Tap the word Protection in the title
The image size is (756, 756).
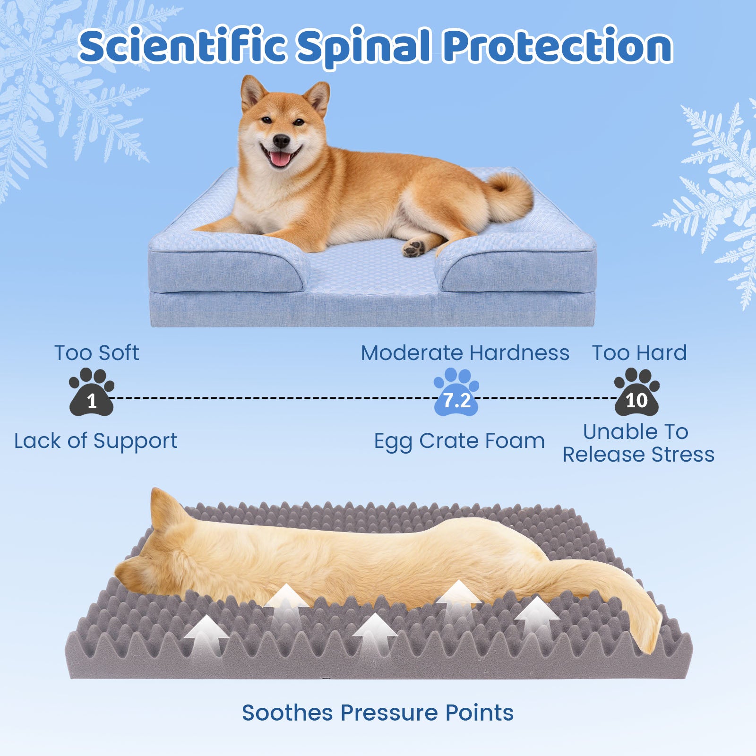pyautogui.click(x=558, y=46)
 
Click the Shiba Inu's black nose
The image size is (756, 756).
pyautogui.click(x=282, y=140)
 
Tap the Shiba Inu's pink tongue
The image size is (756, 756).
pyautogui.click(x=281, y=159)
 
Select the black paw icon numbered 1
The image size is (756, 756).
pyautogui.click(x=92, y=392)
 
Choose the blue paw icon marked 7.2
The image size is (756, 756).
pyautogui.click(x=456, y=392)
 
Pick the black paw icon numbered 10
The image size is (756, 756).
pyautogui.click(x=637, y=392)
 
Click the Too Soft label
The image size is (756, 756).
pyautogui.click(x=96, y=353)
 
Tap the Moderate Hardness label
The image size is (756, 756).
pyautogui.click(x=465, y=353)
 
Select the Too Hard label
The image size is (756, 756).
pyautogui.click(x=640, y=353)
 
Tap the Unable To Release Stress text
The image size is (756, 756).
pyautogui.click(x=638, y=443)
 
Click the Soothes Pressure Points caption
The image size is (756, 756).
pyautogui.click(x=378, y=713)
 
